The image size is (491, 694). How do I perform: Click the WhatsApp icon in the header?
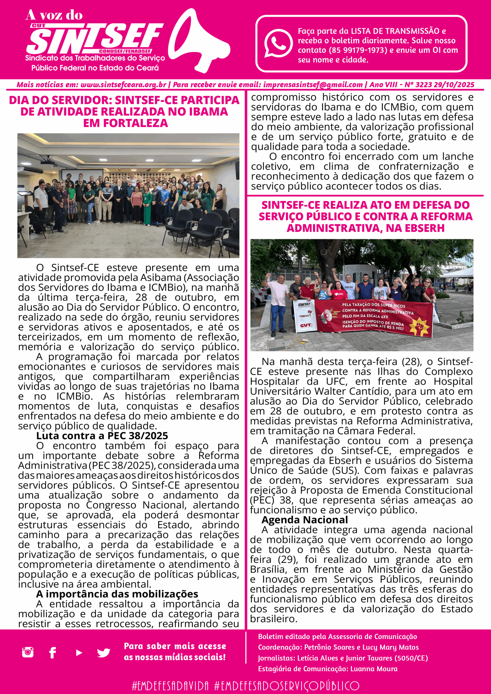click(x=278, y=43)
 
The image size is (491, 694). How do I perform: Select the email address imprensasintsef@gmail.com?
click(x=313, y=85)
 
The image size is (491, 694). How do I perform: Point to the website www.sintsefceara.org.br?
click(x=123, y=85)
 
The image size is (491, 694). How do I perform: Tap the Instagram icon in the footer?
click(x=28, y=652)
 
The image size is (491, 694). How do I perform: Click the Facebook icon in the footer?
click(x=53, y=653)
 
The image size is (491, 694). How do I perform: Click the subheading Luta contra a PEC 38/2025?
click(x=102, y=436)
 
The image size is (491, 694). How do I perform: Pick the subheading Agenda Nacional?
click(x=305, y=520)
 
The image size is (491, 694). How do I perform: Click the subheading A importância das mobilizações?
click(x=117, y=594)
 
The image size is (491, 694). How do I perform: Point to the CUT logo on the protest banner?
click(x=305, y=325)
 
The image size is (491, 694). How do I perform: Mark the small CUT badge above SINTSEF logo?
click(x=39, y=26)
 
